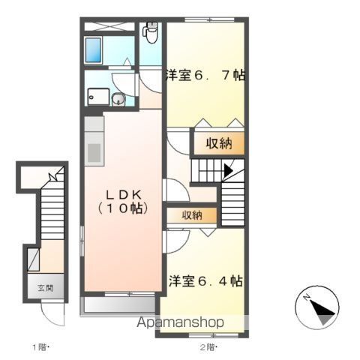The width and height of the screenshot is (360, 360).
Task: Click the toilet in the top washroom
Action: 150,32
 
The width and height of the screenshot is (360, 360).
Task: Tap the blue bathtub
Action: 94,50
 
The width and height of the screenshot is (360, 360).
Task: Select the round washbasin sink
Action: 118,99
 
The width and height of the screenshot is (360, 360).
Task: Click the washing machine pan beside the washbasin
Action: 98,97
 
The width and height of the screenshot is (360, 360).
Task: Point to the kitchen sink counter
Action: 94,141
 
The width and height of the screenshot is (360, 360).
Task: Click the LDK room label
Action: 124,194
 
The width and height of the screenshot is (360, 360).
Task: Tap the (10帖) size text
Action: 123,208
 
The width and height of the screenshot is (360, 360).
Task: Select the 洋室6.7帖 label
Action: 205,75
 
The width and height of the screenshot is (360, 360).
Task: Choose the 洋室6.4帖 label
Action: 205,281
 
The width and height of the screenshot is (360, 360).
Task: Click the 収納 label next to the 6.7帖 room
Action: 219,143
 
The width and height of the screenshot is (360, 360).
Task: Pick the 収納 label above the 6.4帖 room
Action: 192,215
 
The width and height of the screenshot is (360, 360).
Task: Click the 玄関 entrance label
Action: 46,288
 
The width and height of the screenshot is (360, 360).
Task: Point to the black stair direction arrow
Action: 228,170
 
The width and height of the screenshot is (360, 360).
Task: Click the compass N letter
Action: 307,298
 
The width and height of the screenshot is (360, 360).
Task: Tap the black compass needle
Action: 322,308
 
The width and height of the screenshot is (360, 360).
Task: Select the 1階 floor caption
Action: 40,347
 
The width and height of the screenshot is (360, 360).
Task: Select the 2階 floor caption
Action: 208,347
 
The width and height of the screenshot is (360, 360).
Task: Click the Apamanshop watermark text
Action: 180,322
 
